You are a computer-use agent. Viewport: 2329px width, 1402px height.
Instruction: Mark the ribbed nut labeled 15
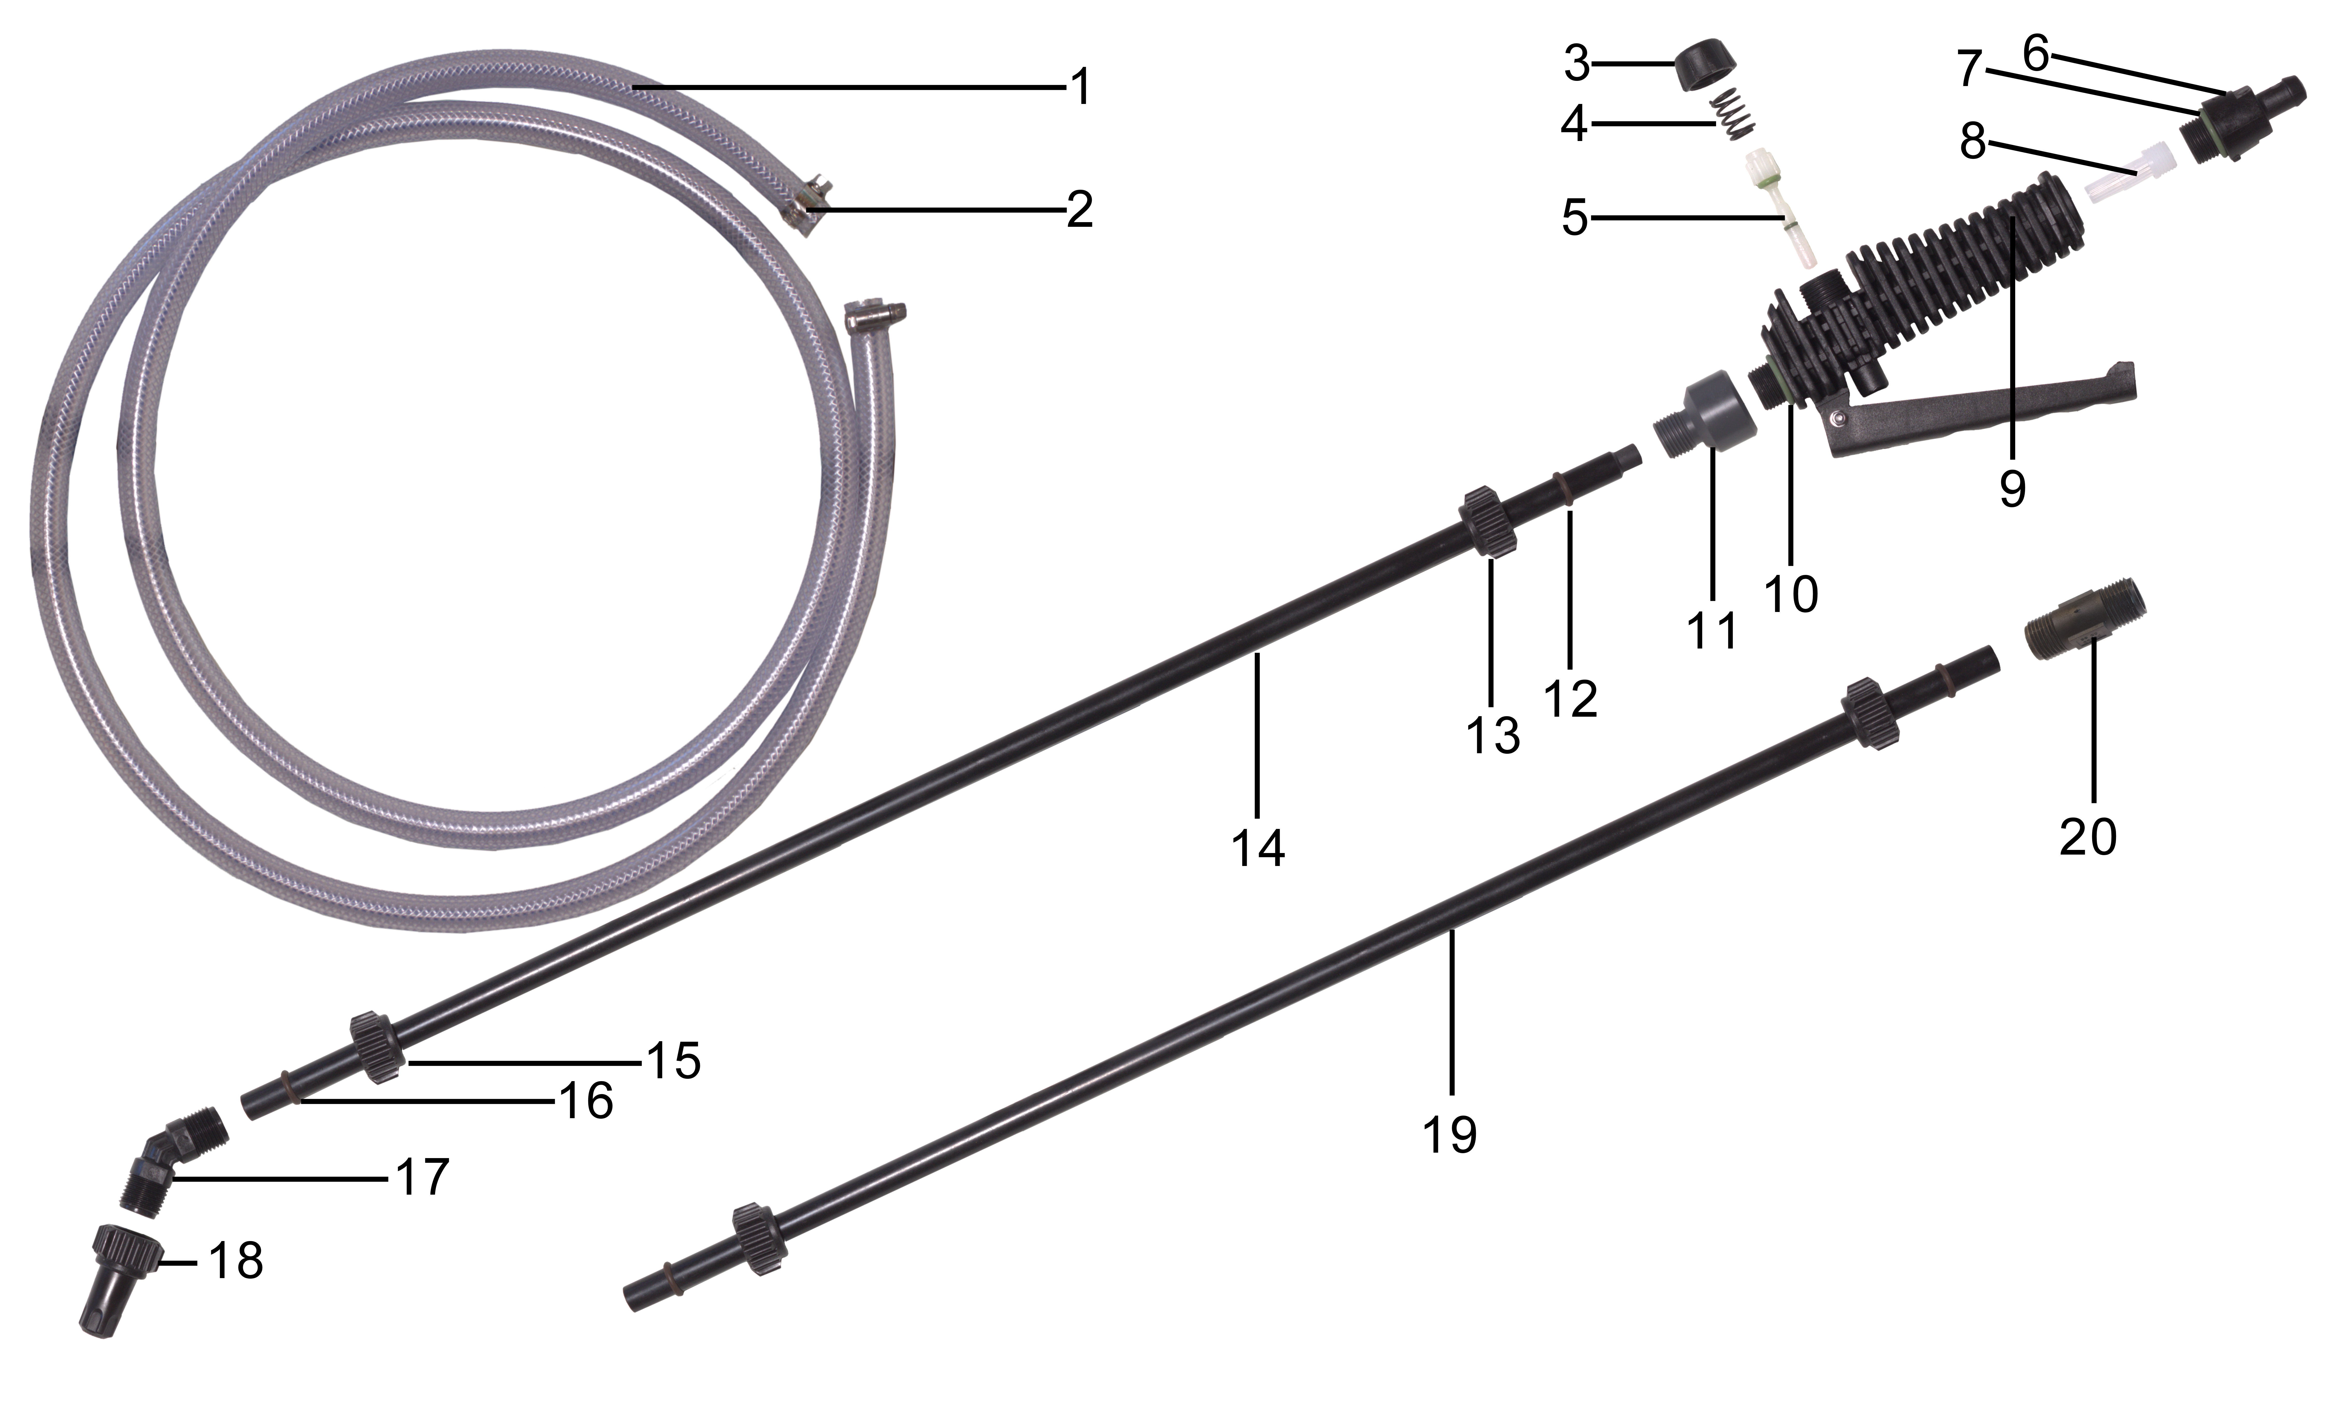[380, 1047]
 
